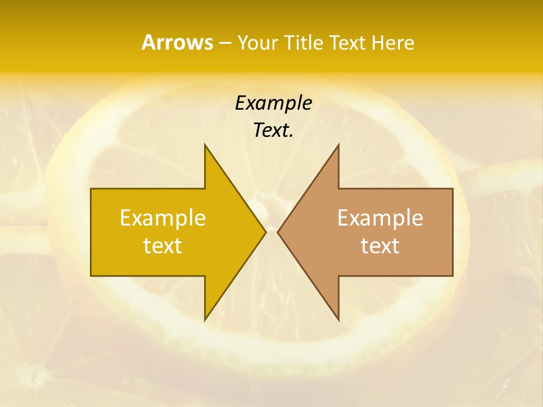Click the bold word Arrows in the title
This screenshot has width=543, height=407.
coord(176,42)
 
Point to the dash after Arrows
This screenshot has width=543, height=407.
coord(225,43)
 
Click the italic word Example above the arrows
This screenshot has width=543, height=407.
coord(273,103)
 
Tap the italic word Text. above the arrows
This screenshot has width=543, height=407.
coord(273,130)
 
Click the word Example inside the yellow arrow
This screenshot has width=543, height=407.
coord(163,218)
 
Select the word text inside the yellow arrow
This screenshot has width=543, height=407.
coord(163,246)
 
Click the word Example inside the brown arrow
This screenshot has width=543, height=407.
coord(380,218)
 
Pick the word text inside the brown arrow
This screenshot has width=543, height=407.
coord(380,246)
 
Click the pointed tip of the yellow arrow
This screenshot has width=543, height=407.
coord(266,232)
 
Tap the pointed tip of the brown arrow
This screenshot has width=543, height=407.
coord(278,232)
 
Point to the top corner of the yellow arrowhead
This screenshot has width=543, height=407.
coord(205,145)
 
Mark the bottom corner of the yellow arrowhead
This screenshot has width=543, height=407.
coord(205,320)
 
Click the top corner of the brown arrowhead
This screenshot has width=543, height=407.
coord(338,145)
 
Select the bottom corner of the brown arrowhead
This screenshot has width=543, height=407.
coord(338,320)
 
